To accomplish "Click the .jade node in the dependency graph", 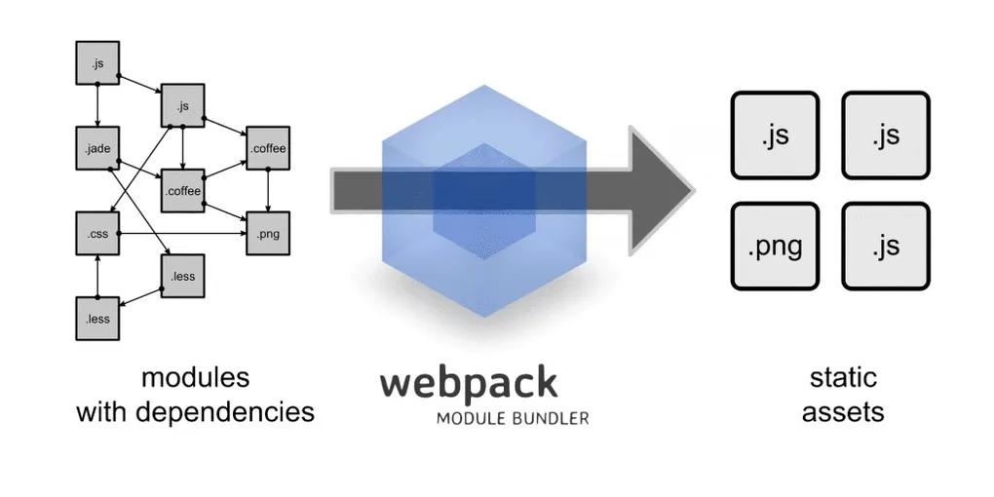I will [x=97, y=149].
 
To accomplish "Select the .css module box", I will [x=97, y=235].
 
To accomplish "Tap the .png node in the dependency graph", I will [x=267, y=235].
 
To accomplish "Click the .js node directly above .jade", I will [x=97, y=64].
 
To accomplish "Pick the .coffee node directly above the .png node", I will [x=267, y=149].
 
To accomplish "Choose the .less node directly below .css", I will [x=97, y=319].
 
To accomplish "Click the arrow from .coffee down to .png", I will [x=267, y=192].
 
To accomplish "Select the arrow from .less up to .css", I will [x=97, y=277].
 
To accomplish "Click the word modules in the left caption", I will [x=195, y=377].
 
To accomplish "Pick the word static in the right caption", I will [x=843, y=377].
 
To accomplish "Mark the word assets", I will [x=843, y=411].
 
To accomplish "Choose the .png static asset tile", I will [x=776, y=247].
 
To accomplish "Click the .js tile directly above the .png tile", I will [x=776, y=135].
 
